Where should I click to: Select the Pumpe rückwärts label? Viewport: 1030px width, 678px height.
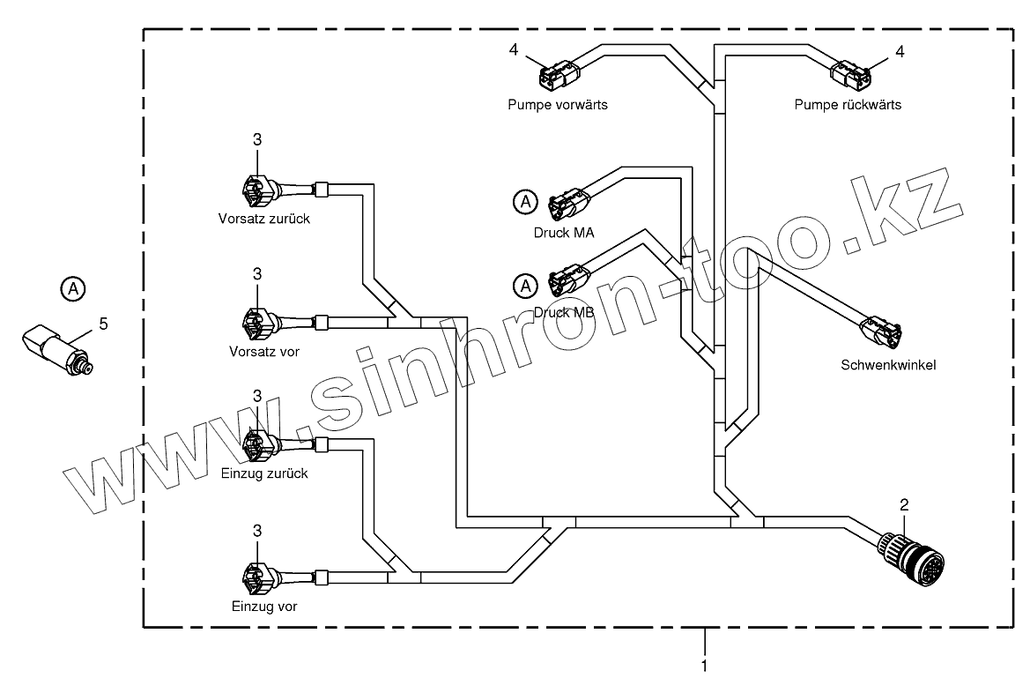coord(848,104)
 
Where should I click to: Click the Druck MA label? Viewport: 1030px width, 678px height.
coord(563,233)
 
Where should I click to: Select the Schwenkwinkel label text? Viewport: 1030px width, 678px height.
coord(888,364)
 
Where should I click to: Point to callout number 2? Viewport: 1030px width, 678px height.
coord(903,505)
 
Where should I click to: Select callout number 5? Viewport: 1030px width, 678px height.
coord(103,324)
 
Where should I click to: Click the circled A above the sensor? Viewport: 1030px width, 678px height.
coord(74,287)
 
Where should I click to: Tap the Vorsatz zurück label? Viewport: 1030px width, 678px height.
coord(263,219)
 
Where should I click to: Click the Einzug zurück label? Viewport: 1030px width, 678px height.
coord(263,473)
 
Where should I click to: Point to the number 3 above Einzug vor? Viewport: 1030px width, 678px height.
coord(257,531)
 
